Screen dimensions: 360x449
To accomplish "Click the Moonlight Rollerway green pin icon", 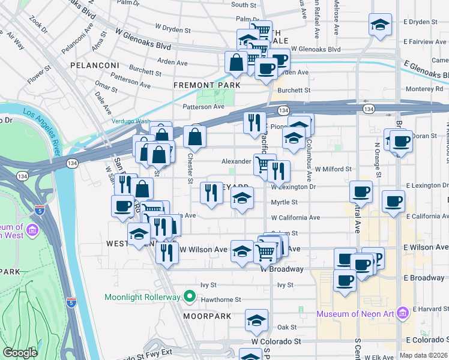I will (190, 296).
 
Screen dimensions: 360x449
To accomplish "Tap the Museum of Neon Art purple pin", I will (402, 313).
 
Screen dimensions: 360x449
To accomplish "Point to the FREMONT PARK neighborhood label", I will (206, 85).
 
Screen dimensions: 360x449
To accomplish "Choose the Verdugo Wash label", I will (130, 121).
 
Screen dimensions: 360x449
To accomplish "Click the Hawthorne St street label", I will (221, 299).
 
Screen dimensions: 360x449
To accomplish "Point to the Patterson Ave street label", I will (203, 107).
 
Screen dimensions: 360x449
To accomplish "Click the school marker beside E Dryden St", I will (380, 25).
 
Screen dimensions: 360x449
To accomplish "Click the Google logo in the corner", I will (20, 353).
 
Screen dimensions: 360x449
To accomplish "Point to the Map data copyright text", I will (423, 355).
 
